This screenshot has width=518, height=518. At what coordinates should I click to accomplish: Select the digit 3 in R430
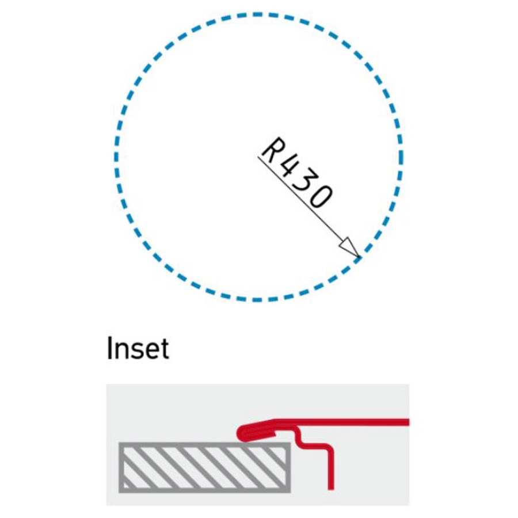coord(304,184)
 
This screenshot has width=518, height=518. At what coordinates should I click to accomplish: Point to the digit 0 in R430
coord(319,197)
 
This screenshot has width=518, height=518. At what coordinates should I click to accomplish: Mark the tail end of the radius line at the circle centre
coord(258,157)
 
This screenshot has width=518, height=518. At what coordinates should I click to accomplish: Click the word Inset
coord(138,348)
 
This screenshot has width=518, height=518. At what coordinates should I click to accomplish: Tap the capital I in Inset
coord(109,348)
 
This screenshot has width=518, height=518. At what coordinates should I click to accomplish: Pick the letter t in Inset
coord(164,349)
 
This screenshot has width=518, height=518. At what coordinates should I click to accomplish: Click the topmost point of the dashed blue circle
coord(258,14)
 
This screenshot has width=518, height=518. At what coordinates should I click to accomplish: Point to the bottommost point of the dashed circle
coord(258,300)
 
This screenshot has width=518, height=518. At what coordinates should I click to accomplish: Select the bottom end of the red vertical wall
coord(331,489)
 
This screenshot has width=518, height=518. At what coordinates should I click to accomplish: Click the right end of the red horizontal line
coord(408,422)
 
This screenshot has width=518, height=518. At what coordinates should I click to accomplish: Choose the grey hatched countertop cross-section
coord(204,467)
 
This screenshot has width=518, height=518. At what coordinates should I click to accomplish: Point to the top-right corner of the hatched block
coord(290,443)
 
